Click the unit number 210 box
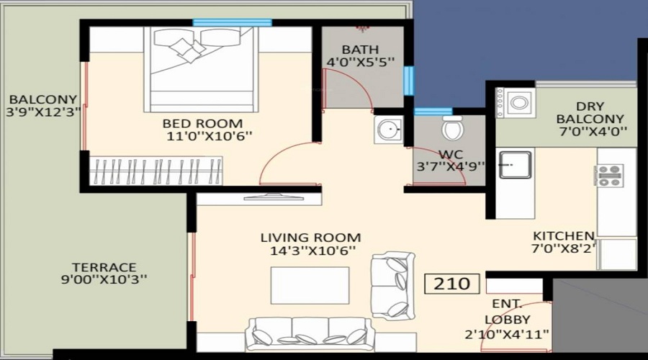[452, 284]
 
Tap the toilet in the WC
[453, 128]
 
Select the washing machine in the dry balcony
[516, 102]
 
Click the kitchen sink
[515, 164]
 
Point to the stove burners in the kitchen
[609, 175]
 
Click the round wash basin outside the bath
[389, 130]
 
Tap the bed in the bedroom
[201, 69]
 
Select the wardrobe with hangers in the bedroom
[156, 171]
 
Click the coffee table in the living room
[310, 285]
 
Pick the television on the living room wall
[274, 197]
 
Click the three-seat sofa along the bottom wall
[310, 334]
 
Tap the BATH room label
[361, 50]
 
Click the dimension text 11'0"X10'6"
[209, 136]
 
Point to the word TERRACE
[104, 267]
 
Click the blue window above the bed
[233, 22]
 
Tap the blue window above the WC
[433, 111]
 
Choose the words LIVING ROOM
[310, 238]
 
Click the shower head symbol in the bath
[362, 29]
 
